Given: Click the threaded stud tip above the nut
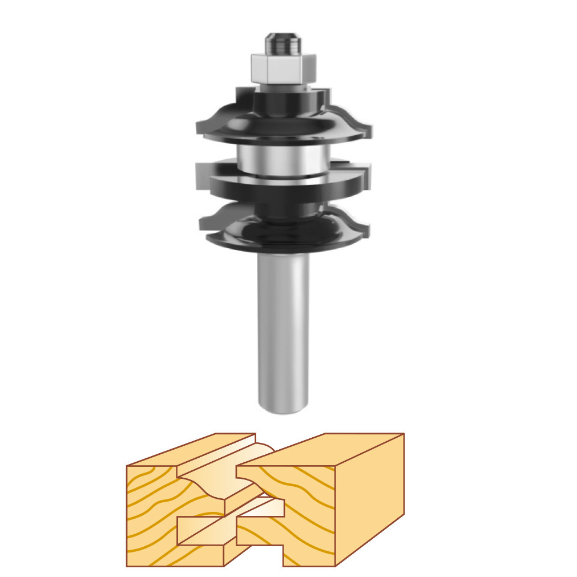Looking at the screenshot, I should tap(283, 43).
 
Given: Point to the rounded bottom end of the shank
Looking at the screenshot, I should tap(283, 406).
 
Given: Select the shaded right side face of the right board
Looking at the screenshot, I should tap(370, 502).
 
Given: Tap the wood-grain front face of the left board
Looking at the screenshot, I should tap(151, 514).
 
